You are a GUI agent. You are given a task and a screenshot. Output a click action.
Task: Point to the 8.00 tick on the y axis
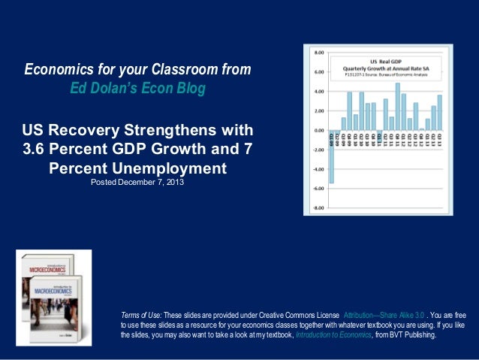click(x=318, y=53)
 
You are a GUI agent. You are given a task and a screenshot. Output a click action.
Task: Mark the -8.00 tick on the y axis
click(x=318, y=207)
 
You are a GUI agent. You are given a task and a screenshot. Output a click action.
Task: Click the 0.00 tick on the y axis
click(x=318, y=130)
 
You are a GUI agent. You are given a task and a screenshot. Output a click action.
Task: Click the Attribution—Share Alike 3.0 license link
click(x=379, y=313)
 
